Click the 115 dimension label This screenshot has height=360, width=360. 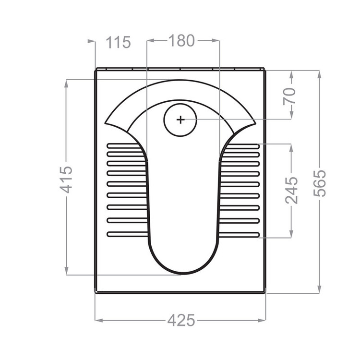click(x=118, y=42)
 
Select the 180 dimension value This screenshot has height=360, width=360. click(x=181, y=40)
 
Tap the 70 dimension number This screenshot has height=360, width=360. click(x=289, y=96)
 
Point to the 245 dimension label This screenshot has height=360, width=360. click(x=291, y=191)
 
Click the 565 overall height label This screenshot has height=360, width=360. click(x=319, y=183)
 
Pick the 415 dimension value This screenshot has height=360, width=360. click(x=66, y=180)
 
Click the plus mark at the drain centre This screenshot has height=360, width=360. click(x=180, y=120)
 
